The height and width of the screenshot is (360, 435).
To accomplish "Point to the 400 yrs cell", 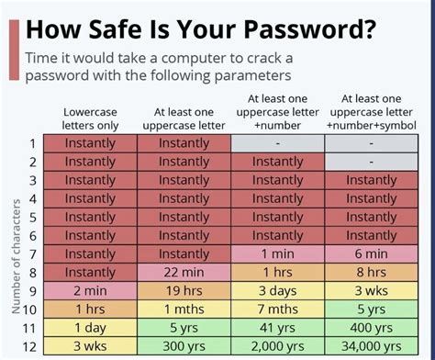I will click(x=371, y=326).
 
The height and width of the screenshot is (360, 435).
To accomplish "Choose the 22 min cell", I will click(x=184, y=271).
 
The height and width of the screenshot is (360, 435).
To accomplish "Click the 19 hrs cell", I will click(x=184, y=289).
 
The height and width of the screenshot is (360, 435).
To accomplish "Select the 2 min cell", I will click(x=90, y=289).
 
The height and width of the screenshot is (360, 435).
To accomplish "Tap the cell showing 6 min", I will click(x=371, y=253).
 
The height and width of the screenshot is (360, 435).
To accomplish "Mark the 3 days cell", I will click(x=277, y=289).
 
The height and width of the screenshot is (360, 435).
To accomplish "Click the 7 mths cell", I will click(x=277, y=308).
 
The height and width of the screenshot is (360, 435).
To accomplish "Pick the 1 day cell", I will click(x=90, y=326).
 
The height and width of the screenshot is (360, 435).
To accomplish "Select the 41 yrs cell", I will click(x=277, y=326).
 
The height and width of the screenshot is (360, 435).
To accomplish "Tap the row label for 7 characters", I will click(x=32, y=253).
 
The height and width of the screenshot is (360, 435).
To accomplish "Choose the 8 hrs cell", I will click(x=371, y=271).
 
